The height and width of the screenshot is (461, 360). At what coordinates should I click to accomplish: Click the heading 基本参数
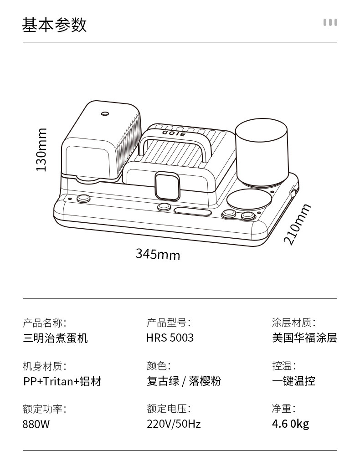click(x=54, y=25)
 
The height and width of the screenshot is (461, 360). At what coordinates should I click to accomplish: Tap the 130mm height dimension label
click(x=41, y=150)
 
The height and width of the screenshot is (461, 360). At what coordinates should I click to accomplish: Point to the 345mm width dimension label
click(x=158, y=254)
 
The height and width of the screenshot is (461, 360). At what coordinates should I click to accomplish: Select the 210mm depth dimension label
click(x=297, y=224)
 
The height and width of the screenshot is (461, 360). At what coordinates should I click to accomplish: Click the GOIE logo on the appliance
click(x=174, y=133)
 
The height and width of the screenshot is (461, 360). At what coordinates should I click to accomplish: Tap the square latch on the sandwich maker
click(x=167, y=186)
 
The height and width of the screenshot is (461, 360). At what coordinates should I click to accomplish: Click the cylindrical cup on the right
click(x=261, y=153)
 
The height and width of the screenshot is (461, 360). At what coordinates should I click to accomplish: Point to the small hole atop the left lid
click(x=105, y=113)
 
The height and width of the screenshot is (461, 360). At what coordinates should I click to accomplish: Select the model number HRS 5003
click(x=170, y=338)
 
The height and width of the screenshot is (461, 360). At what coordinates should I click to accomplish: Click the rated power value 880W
click(x=36, y=424)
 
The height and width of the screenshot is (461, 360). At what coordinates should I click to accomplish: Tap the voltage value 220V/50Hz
click(x=174, y=424)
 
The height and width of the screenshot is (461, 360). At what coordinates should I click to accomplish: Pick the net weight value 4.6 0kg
click(x=290, y=424)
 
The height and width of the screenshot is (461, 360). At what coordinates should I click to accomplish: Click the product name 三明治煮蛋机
click(x=55, y=338)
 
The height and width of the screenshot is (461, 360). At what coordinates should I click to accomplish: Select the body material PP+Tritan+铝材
click(x=62, y=381)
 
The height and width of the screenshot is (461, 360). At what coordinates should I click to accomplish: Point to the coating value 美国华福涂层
click(x=304, y=338)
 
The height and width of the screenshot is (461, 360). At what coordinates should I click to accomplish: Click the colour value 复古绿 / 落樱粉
click(x=184, y=381)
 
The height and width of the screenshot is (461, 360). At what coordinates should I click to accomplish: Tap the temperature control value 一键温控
click(x=293, y=381)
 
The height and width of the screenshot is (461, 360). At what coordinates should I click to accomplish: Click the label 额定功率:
click(x=44, y=409)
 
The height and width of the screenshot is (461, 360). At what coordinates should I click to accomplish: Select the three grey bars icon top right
click(x=330, y=22)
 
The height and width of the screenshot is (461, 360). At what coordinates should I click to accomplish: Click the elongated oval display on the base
click(x=193, y=211)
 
